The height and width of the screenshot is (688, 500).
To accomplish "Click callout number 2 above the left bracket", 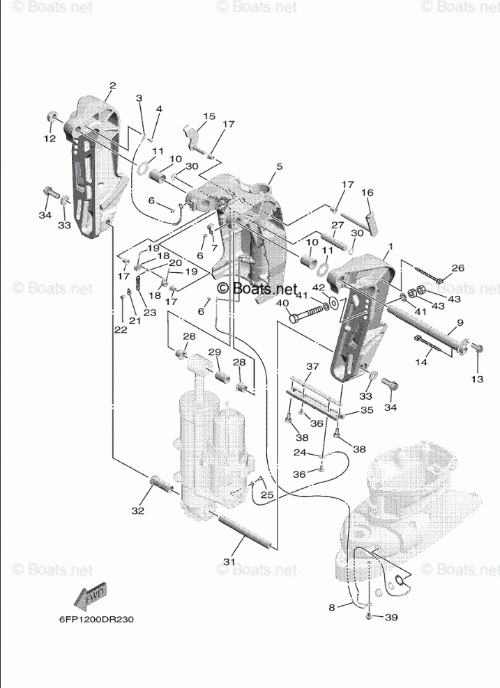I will [112, 86].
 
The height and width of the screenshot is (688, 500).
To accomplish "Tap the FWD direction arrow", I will [89, 596].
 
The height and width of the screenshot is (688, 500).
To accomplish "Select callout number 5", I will [279, 166].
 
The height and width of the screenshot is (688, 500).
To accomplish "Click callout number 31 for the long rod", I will [229, 561].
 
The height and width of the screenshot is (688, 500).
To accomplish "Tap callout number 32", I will [137, 510].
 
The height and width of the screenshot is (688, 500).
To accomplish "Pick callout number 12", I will [50, 139].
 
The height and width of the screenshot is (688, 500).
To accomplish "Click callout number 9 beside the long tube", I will [460, 322].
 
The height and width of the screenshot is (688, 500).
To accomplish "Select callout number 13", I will [477, 379].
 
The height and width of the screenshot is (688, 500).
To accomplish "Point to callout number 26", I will [457, 268].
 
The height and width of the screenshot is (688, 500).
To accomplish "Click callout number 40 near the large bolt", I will [283, 303].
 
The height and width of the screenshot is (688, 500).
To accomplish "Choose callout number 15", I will [210, 116].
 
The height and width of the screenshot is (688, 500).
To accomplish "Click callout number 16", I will [368, 192].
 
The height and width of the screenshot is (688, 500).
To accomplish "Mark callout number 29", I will [214, 352].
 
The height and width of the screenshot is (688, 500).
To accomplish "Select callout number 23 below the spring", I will [150, 313].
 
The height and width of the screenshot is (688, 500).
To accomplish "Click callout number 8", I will [335, 607].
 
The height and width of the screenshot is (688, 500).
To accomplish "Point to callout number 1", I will [391, 247].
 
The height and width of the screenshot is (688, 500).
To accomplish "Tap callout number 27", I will [338, 226].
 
